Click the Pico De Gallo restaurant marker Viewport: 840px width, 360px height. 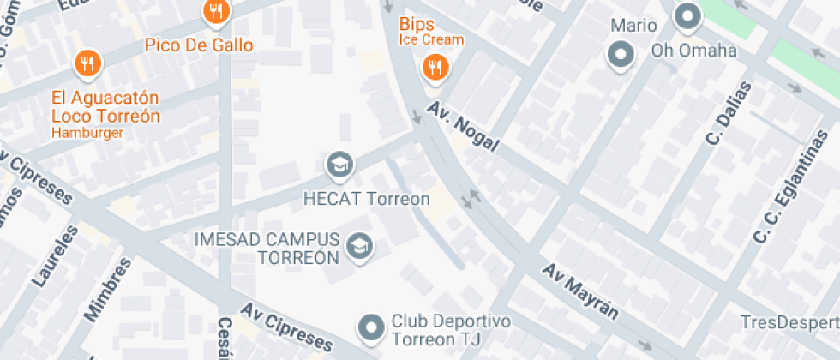pos(215,12)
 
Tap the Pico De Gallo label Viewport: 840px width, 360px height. pos(199,45)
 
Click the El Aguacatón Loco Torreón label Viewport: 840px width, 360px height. pos(105,106)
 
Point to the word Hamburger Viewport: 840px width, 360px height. pos(87,133)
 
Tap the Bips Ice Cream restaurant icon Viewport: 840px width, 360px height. pos(435,69)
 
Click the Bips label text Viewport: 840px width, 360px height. pos(417,24)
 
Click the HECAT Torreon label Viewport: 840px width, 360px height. pos(367,198)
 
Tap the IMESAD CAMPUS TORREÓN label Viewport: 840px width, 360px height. pos(267,248)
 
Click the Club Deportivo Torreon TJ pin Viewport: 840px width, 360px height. pos(371,327)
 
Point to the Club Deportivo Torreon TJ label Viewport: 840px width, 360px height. pos(451,331)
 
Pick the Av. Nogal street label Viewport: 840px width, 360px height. pos(471,132)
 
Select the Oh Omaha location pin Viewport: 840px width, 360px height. pos(687,15)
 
